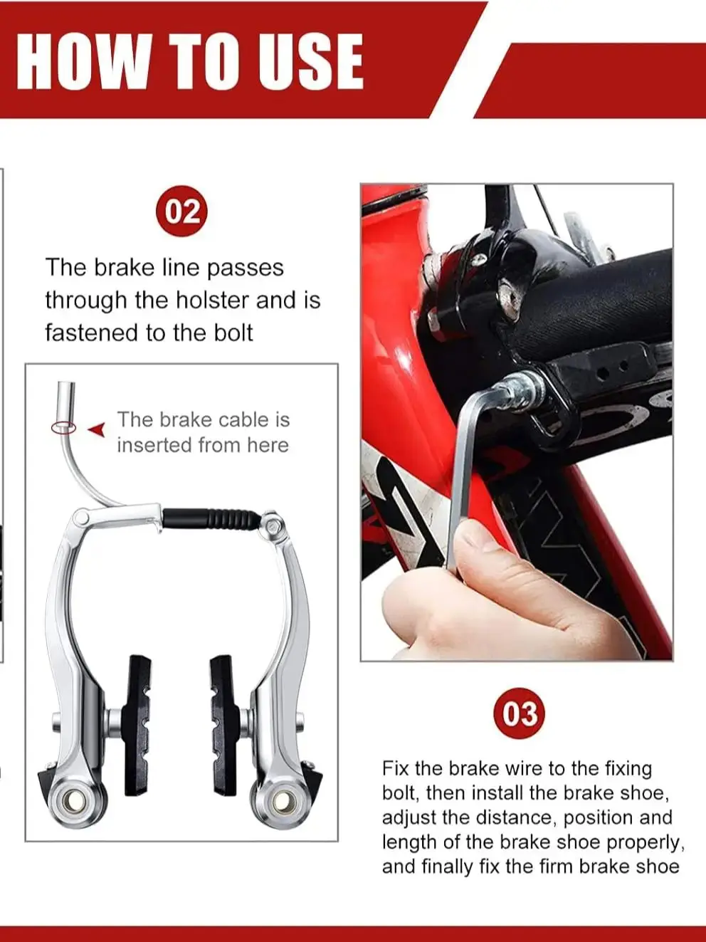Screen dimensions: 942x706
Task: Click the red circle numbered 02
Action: pyautogui.click(x=182, y=212)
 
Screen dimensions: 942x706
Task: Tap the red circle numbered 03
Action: pyautogui.click(x=520, y=713)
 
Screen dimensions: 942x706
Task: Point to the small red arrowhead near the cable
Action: pyautogui.click(x=97, y=429)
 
